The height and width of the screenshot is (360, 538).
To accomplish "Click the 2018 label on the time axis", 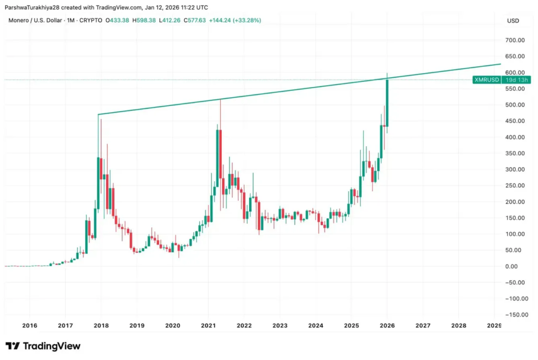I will point(101,326).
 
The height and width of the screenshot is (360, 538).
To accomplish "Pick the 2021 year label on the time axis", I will point(209,326).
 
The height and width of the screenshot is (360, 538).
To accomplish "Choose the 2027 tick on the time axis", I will point(423,326).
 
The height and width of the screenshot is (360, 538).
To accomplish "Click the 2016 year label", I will point(29,326).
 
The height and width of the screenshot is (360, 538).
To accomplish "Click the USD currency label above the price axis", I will point(513,20).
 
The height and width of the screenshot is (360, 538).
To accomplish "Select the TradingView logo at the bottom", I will point(43,346).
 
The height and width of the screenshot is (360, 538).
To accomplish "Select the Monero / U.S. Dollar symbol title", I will point(36,20).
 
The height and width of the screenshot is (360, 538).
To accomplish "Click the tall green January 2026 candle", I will point(387,102).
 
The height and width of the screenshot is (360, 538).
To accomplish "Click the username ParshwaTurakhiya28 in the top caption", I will point(34,7).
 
